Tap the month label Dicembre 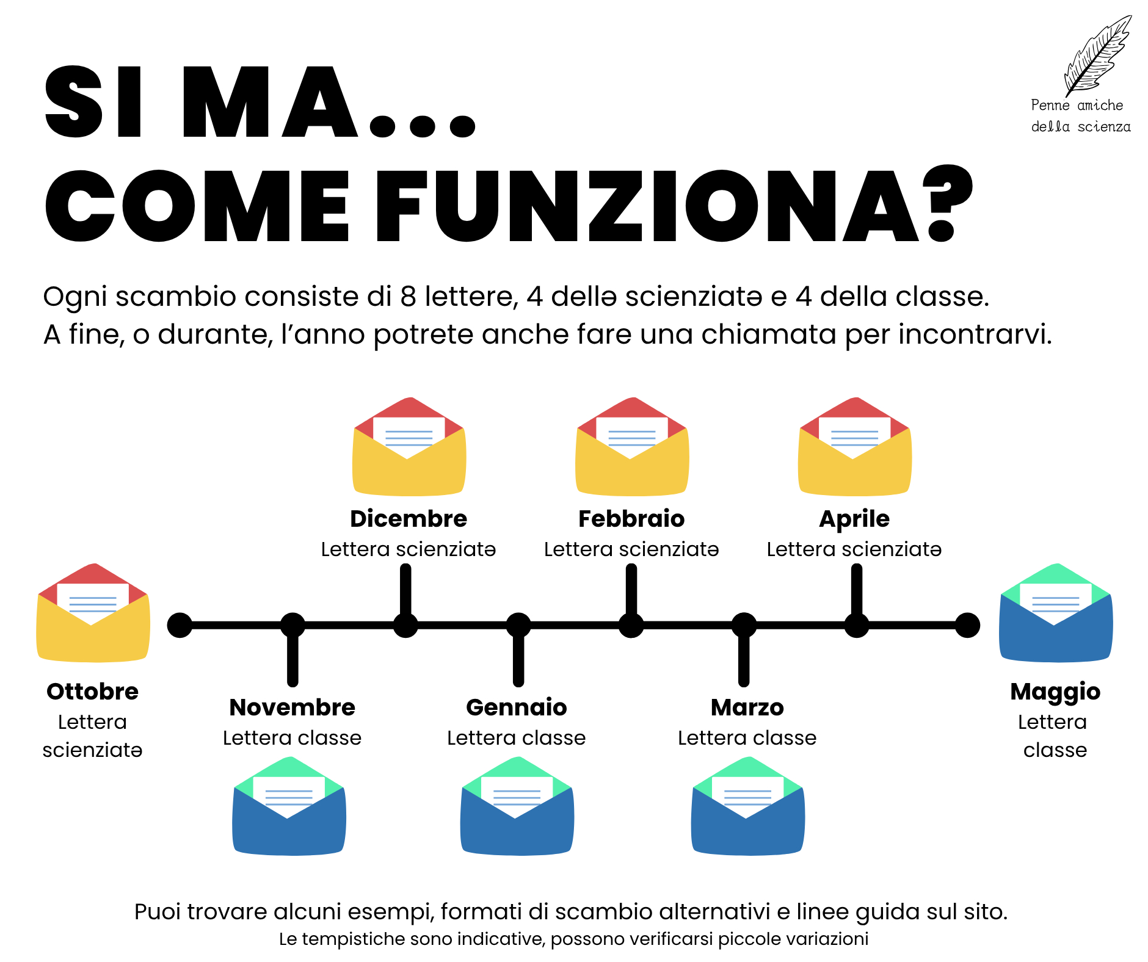pyautogui.click(x=409, y=519)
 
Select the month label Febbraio pyautogui.click(x=631, y=519)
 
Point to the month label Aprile pyautogui.click(x=854, y=519)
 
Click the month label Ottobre pyautogui.click(x=93, y=692)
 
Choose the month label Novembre pyautogui.click(x=292, y=707)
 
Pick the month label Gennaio pyautogui.click(x=517, y=707)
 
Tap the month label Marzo pyautogui.click(x=747, y=707)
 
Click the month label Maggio pyautogui.click(x=1055, y=692)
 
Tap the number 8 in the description pyautogui.click(x=409, y=297)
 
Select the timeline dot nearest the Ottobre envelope pyautogui.click(x=180, y=625)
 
